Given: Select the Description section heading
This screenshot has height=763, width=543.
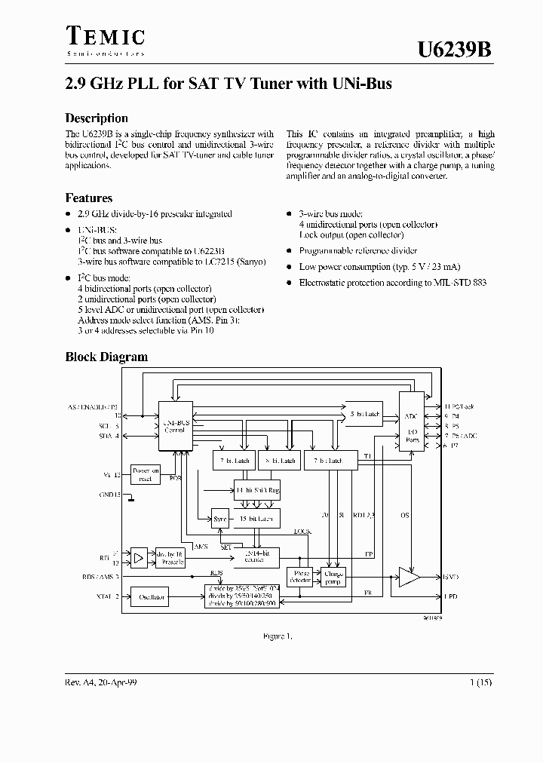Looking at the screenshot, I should coord(97,118).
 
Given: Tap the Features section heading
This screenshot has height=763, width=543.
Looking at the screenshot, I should coord(89,198).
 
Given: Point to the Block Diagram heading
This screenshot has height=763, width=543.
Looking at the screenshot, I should coord(106,357).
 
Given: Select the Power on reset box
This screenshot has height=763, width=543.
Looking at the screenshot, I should coord(145,474).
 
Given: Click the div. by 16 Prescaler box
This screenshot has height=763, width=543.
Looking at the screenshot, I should coord(170,557).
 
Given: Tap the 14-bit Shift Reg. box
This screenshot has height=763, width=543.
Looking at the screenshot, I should coord(256,490).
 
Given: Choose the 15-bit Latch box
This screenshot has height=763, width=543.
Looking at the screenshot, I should coord(256,519).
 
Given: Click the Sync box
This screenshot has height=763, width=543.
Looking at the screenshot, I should coord(219,519).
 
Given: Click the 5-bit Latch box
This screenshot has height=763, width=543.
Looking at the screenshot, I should coord(364,414).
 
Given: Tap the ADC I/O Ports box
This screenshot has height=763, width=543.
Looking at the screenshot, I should coord(411,421).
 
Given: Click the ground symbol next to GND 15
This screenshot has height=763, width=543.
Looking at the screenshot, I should coord(130,497).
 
